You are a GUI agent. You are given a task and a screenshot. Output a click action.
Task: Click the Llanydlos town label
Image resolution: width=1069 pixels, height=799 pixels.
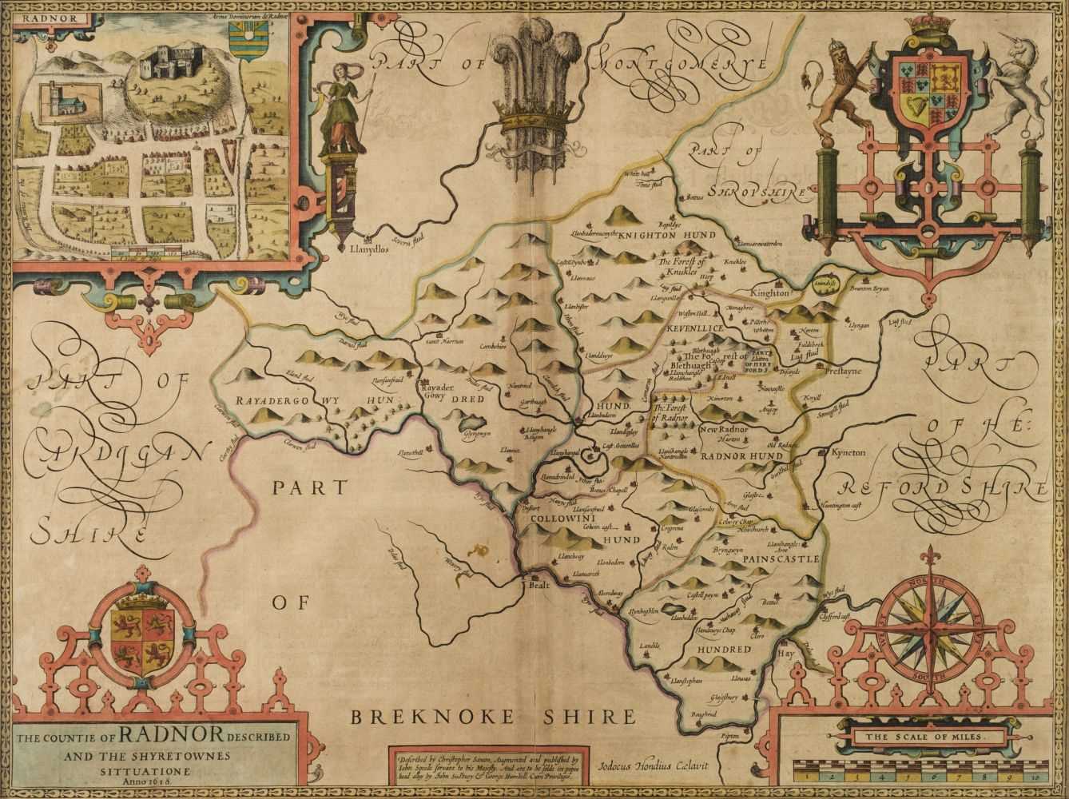coord(369,248)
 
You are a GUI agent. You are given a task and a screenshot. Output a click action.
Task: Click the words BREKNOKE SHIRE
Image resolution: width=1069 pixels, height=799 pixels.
coord(494,714)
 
